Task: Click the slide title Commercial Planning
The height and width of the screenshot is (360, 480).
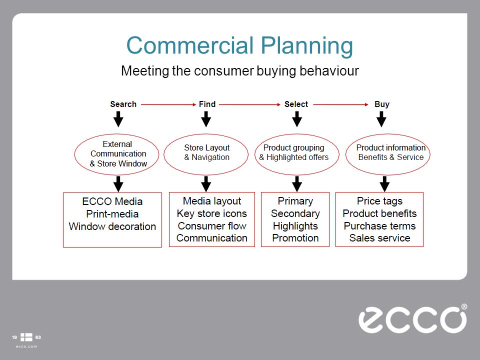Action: coord(239,45)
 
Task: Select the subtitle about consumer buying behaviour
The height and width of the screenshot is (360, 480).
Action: coord(239,71)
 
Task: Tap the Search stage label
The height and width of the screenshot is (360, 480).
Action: coord(123,104)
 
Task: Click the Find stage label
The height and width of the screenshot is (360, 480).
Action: coord(207,104)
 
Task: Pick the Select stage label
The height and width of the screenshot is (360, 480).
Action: coord(296,104)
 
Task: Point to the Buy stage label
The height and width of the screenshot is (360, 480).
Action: coord(381,104)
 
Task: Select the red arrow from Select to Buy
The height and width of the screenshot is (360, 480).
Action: coord(340,104)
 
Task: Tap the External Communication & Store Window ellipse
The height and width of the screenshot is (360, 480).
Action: coord(118,154)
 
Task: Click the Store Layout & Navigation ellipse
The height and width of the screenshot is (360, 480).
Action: coord(206,152)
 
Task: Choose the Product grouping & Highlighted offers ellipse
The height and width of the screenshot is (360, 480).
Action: coord(294,152)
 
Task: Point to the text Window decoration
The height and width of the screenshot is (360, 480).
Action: coord(112,226)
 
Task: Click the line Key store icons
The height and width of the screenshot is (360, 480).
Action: coord(212,213)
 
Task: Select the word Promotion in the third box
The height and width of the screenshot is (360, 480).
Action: coord(295,238)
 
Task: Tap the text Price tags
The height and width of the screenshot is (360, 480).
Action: coord(379,201)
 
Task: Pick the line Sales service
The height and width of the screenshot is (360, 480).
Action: coord(379,238)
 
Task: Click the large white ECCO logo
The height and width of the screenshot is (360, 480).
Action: coord(412,318)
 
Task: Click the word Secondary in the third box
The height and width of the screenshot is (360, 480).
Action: coord(295,213)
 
